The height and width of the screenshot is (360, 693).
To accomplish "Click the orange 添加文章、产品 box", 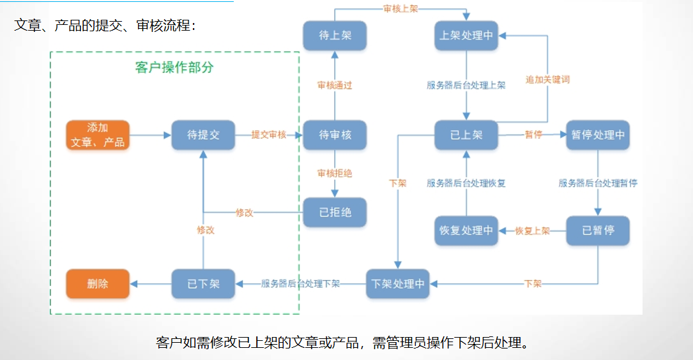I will pyautogui.click(x=98, y=135).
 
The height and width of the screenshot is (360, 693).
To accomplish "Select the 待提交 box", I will pyautogui.click(x=203, y=135).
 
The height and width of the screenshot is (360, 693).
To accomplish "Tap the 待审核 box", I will pyautogui.click(x=335, y=135).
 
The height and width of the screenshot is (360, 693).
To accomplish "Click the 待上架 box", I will pyautogui.click(x=335, y=36).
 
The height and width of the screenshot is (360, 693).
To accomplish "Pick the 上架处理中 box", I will pyautogui.click(x=466, y=36).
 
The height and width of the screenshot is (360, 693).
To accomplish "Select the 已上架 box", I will pyautogui.click(x=466, y=135).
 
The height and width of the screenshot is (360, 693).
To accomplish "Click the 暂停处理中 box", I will pyautogui.click(x=598, y=135).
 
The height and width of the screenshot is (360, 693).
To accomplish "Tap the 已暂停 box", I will pyautogui.click(x=598, y=230).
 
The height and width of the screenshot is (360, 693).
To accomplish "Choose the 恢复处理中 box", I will pyautogui.click(x=466, y=230).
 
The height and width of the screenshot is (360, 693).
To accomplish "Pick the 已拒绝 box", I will pyautogui.click(x=335, y=213).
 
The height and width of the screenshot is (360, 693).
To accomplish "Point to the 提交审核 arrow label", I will pyautogui.click(x=268, y=135).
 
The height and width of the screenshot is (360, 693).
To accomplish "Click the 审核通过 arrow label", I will pyautogui.click(x=335, y=85).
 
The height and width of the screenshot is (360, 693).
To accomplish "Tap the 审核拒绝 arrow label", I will pyautogui.click(x=335, y=173).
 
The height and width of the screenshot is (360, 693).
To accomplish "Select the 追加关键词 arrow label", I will pyautogui.click(x=547, y=80).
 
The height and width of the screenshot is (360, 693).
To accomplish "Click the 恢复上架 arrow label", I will pyautogui.click(x=532, y=231).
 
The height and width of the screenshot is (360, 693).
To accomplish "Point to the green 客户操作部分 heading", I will pyautogui.click(x=174, y=68).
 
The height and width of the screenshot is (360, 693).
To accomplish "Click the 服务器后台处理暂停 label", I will pyautogui.click(x=598, y=183).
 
